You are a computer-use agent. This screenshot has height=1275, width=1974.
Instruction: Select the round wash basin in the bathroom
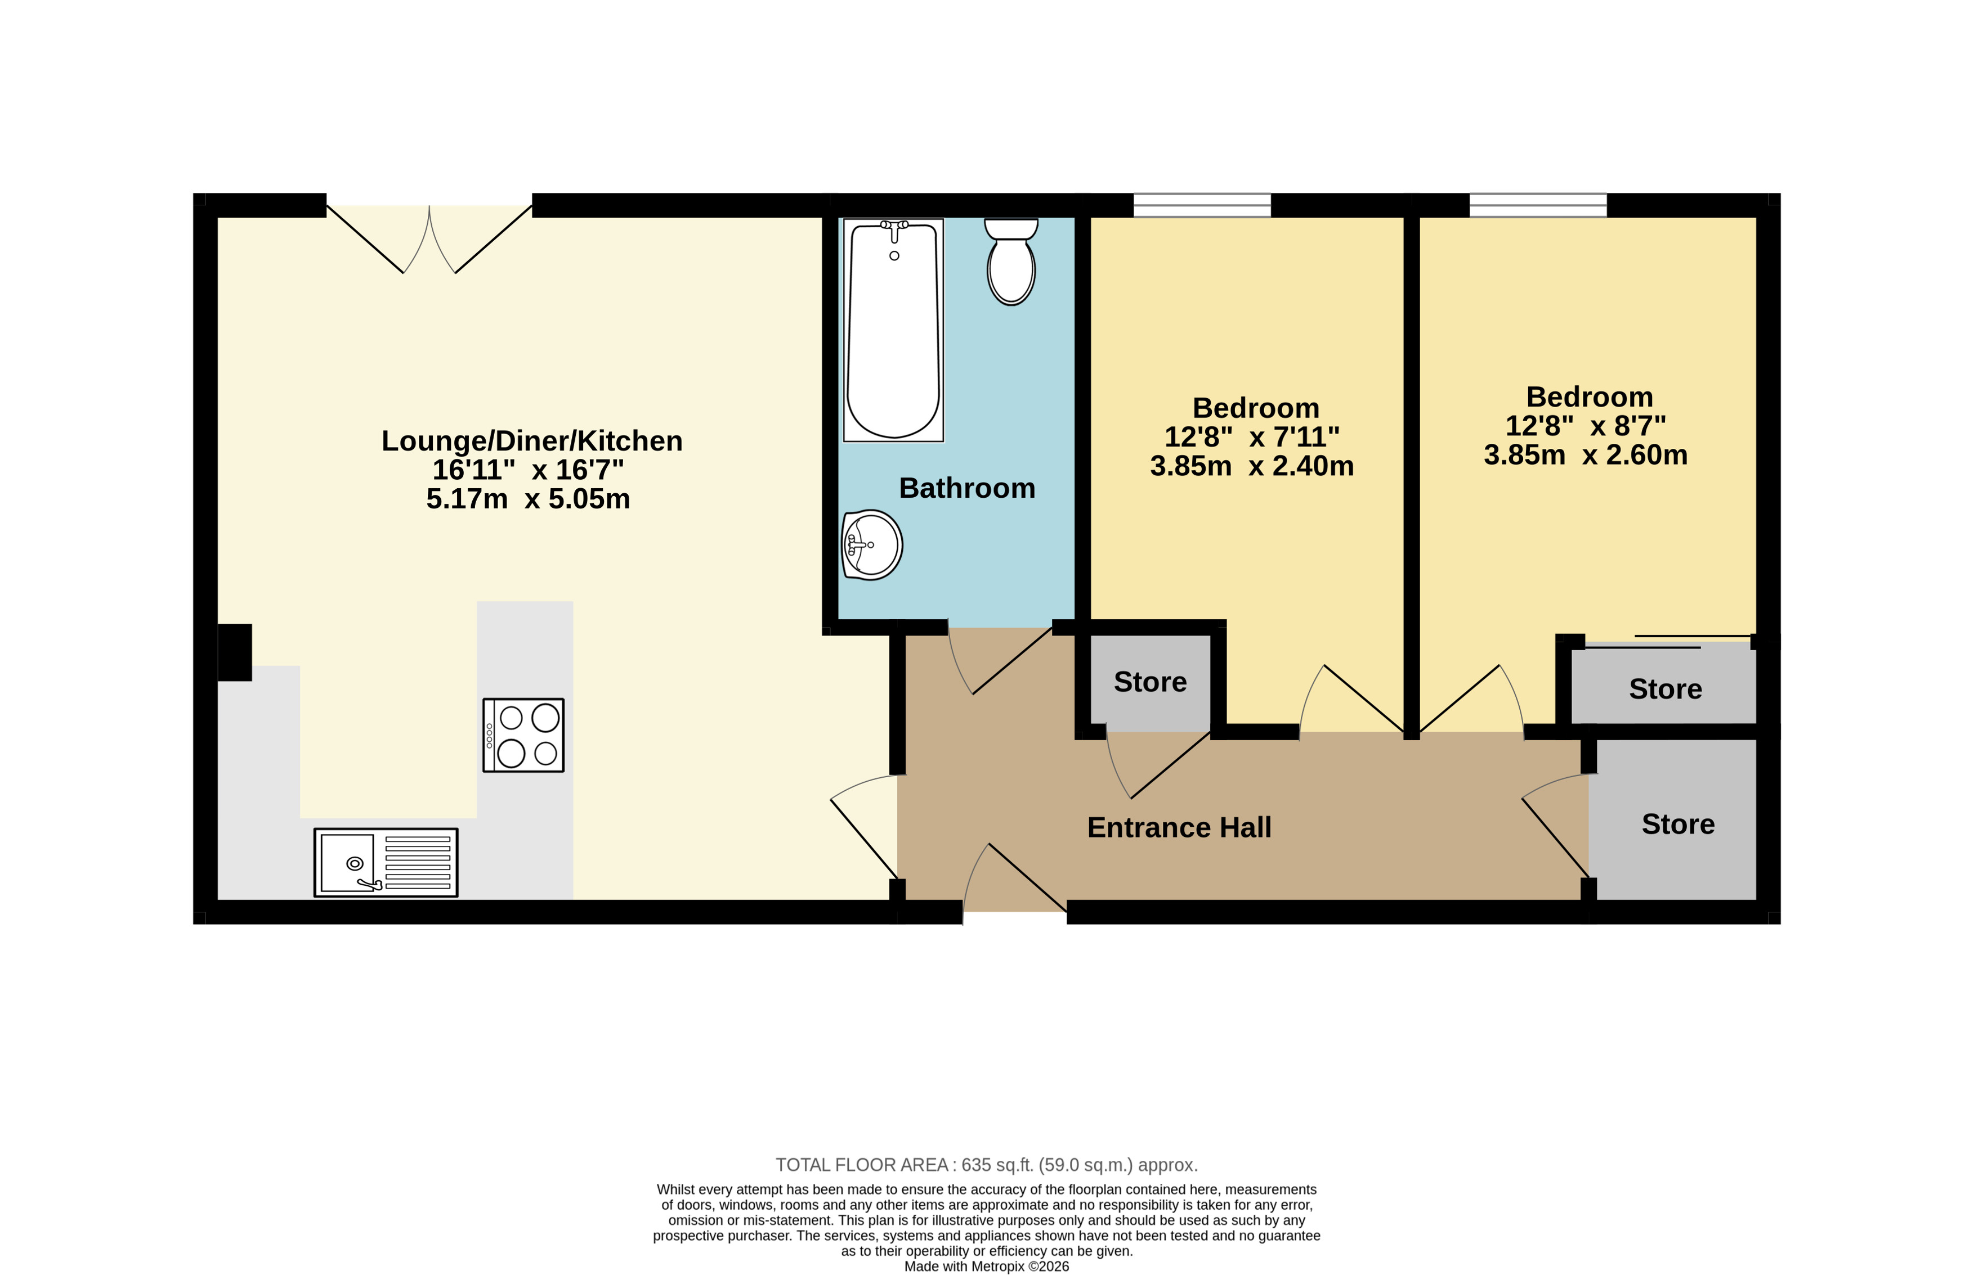tap(872, 545)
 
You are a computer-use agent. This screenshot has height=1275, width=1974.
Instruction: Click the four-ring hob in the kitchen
tap(523, 735)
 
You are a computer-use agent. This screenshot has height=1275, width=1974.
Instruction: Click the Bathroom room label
tap(966, 489)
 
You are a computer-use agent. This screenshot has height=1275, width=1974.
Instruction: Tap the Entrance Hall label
tap(1179, 827)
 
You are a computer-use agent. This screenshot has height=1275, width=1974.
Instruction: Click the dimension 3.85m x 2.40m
tap(1252, 466)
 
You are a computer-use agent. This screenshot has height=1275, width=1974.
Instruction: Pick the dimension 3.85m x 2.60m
tap(1586, 454)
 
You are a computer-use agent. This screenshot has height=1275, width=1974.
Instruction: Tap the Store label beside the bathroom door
tap(1150, 682)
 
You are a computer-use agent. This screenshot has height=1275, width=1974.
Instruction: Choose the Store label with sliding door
tap(1665, 689)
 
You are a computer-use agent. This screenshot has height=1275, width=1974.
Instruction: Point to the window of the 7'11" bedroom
tap(1202, 205)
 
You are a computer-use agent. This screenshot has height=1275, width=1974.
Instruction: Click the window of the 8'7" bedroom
tap(1538, 205)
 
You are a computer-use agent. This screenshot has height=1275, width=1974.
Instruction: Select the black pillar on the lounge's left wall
tap(234, 652)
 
